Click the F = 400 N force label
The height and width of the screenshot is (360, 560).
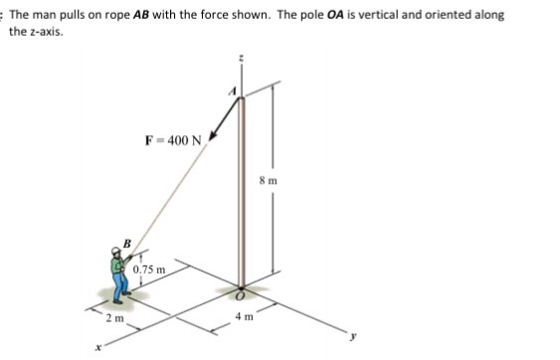tap(175, 138)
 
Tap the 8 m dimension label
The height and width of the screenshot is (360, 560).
tap(267, 181)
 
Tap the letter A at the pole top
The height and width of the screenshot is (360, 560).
tap(235, 90)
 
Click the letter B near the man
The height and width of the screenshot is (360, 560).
tap(127, 242)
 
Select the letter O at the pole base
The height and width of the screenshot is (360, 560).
tap(241, 295)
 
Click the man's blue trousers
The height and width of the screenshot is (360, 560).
tap(122, 289)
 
